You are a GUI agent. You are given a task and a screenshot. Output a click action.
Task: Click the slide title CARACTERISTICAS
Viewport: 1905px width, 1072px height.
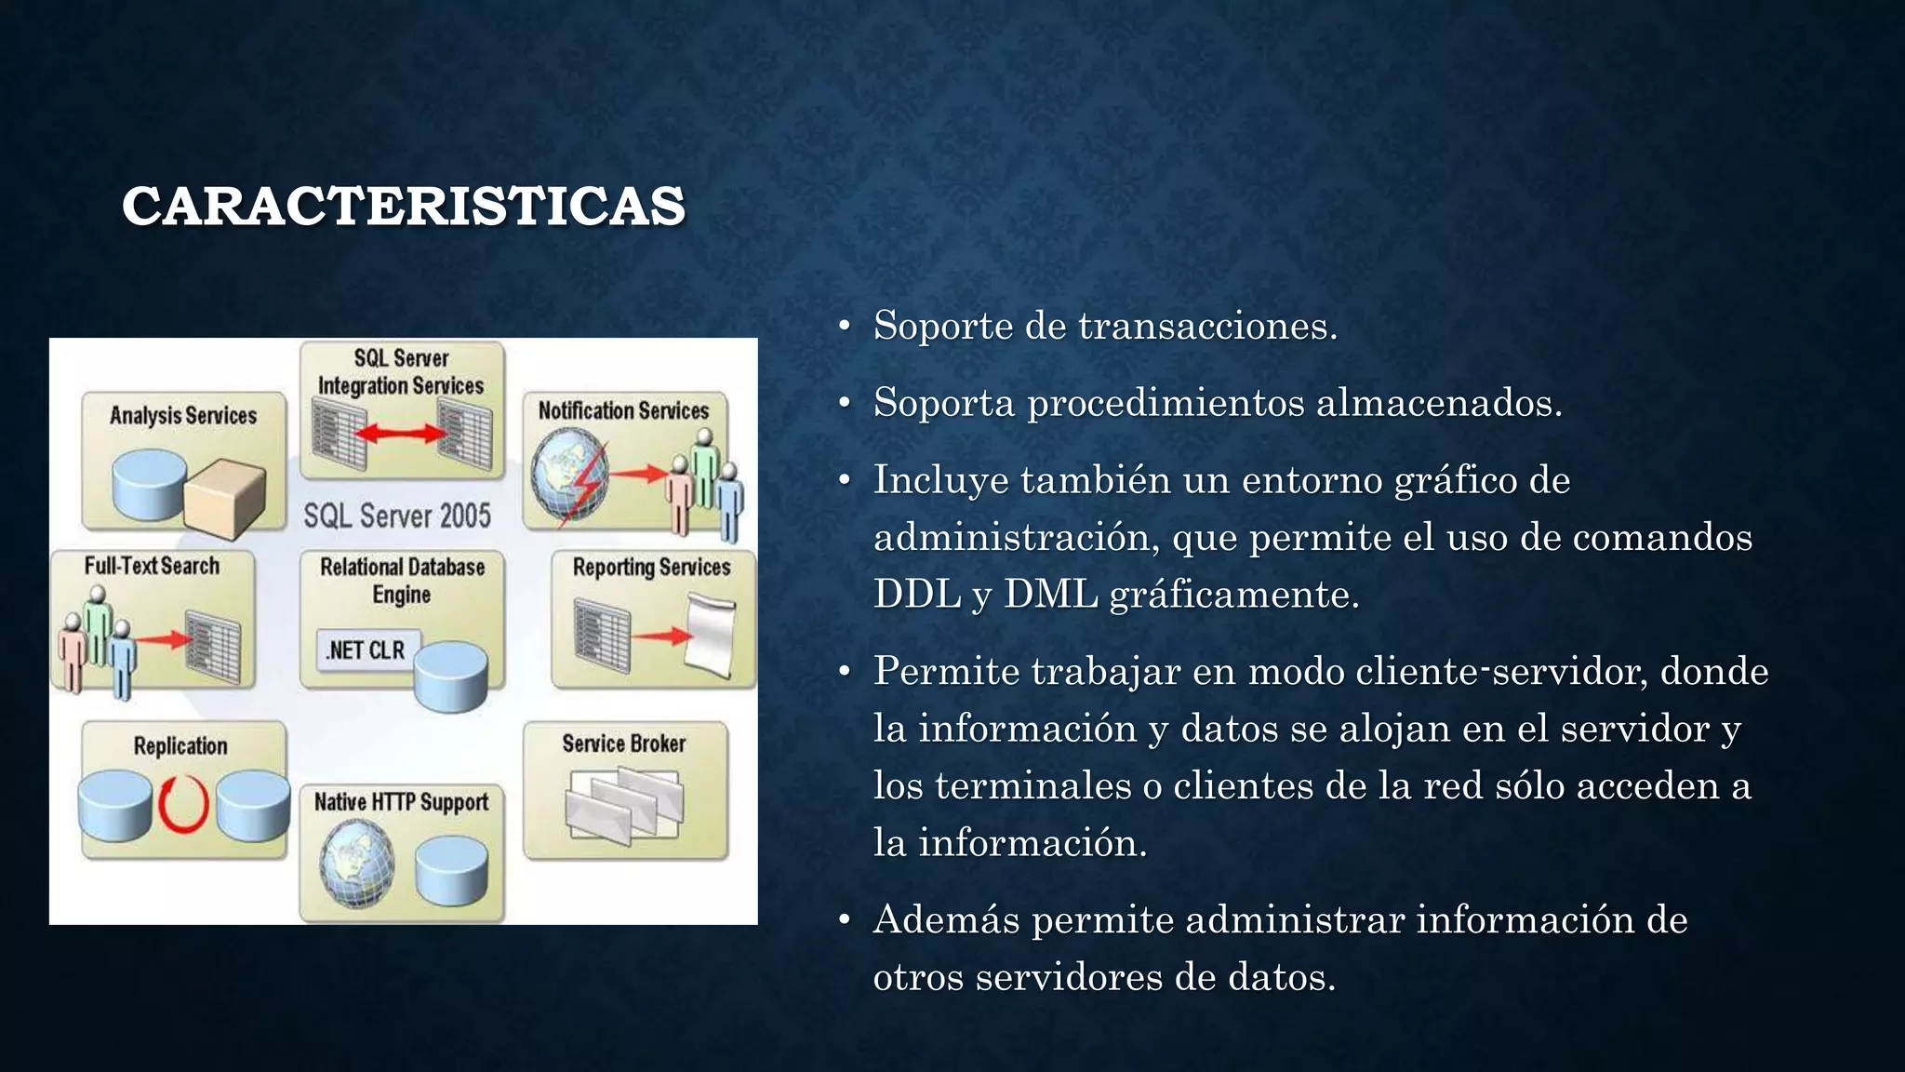(404, 206)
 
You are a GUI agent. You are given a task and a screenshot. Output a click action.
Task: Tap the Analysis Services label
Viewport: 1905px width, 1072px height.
(183, 415)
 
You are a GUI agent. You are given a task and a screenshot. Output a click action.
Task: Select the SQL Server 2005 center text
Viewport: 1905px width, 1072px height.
(397, 516)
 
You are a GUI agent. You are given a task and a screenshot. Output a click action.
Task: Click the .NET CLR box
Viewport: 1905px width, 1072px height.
(366, 650)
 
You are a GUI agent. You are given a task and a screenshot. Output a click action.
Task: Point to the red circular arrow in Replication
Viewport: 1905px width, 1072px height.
(183, 803)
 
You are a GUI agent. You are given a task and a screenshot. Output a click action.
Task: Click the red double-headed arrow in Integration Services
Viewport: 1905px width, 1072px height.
(401, 433)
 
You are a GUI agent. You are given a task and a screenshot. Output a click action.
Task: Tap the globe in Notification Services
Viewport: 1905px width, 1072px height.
(569, 476)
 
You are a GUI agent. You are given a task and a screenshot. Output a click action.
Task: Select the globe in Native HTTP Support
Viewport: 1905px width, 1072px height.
(356, 865)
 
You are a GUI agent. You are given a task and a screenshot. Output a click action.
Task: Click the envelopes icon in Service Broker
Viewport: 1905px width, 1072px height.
(624, 805)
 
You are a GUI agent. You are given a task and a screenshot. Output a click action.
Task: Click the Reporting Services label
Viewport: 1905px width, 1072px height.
(651, 567)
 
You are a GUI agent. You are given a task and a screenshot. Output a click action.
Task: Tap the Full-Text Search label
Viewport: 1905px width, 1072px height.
(152, 566)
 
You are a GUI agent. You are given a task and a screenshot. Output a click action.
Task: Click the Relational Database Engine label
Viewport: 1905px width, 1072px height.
(402, 580)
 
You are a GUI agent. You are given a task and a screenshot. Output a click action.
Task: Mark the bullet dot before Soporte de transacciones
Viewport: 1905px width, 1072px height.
(844, 327)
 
